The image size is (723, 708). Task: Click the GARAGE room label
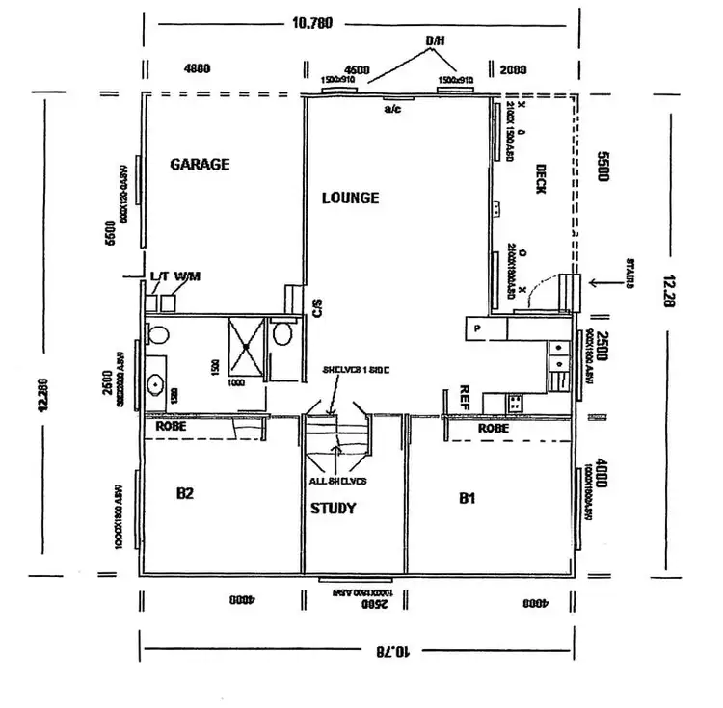[200, 165]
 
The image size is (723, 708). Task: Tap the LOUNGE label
[350, 198]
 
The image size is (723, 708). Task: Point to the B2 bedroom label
[185, 494]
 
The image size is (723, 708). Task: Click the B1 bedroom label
[467, 498]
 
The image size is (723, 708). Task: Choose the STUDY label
[333, 509]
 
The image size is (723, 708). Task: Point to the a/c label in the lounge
[392, 109]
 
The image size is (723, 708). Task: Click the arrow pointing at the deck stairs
[605, 283]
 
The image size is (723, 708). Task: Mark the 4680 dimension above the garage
[197, 68]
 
